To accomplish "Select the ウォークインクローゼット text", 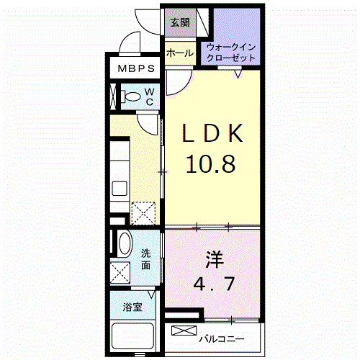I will pyautogui.click(x=230, y=53).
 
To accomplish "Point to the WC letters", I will pyautogui.click(x=148, y=97).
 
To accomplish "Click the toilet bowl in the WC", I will pyautogui.click(x=131, y=96).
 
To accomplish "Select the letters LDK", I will pyautogui.click(x=213, y=135).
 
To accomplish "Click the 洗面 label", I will pyautogui.click(x=146, y=260).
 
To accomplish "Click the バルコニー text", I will pyautogui.click(x=223, y=338).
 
